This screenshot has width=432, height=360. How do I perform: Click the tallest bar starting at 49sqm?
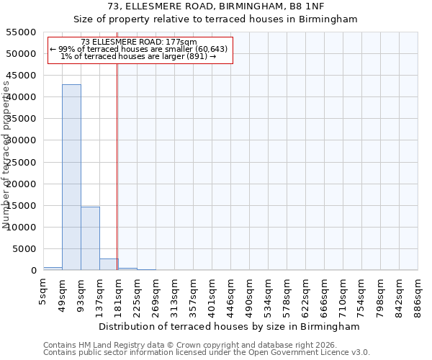tap(71, 177)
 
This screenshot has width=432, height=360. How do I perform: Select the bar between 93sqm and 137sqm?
tap(90, 238)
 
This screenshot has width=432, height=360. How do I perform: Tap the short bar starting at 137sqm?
tap(109, 264)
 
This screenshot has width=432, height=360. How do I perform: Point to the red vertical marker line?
tap(117, 166)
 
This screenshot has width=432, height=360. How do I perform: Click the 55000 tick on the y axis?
tap(22, 32)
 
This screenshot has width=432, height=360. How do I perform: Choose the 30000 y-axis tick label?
tap(22, 140)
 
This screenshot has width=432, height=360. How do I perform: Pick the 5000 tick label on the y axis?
tap(24, 249)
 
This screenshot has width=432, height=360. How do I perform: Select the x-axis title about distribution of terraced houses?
tap(230, 327)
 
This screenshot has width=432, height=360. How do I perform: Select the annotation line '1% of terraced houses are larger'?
tap(138, 56)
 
